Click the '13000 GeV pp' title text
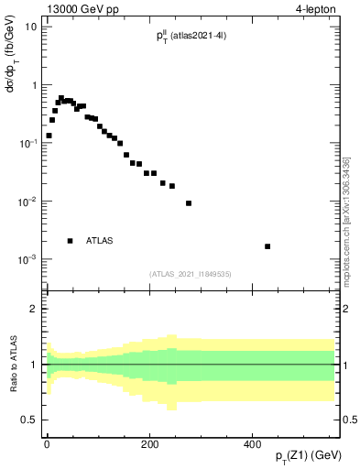pos(80,10)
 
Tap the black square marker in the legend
pos(70,241)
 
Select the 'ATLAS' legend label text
pos(99,241)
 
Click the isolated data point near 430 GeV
pos(267,246)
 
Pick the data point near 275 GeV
pos(189,203)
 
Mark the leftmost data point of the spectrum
pos(49,136)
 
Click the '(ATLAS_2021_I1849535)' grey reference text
pos(191,274)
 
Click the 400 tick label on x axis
pos(253,443)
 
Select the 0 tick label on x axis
pos(47,443)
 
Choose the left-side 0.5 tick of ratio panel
pos(30,420)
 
